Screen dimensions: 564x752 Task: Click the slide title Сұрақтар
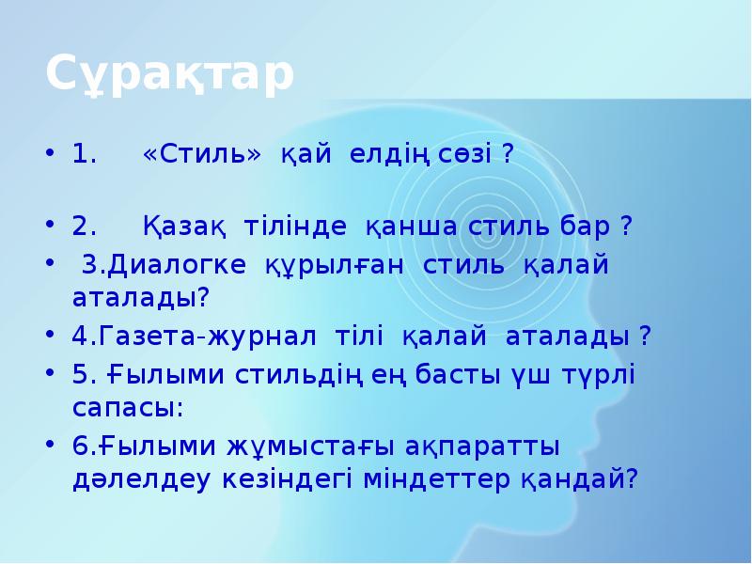170,76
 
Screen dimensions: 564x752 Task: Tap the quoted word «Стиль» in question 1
202,154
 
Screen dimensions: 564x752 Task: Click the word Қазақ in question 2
184,227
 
